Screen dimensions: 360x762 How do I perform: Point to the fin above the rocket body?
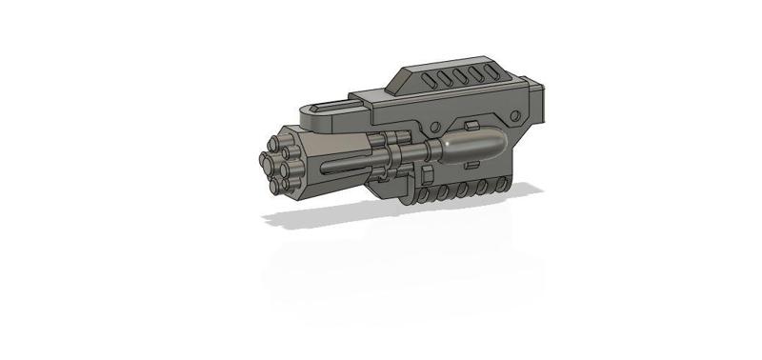click(x=470, y=125)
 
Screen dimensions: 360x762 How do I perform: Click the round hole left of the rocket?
click(x=433, y=127)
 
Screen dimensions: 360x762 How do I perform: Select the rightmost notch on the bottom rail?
click(x=501, y=186)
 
